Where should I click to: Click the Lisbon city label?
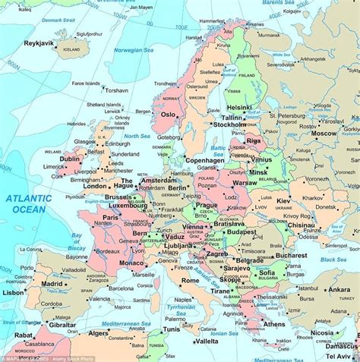click(x=14, y=292)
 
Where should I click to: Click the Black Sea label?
click(x=332, y=259)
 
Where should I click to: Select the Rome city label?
click(x=190, y=281)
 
